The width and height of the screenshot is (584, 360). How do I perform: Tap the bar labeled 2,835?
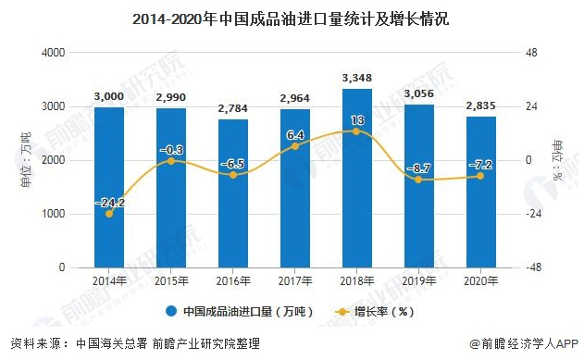click(x=480, y=192)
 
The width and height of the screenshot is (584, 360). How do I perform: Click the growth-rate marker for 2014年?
click(x=109, y=214)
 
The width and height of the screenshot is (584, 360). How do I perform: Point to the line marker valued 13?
click(x=356, y=131)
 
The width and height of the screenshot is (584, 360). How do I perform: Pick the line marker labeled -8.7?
click(x=418, y=180)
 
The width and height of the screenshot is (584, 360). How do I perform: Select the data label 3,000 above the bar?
click(x=109, y=95)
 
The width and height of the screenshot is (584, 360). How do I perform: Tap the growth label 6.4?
click(x=295, y=134)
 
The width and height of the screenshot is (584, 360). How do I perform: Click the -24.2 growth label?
click(x=109, y=202)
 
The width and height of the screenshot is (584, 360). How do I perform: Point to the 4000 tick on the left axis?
click(x=52, y=54)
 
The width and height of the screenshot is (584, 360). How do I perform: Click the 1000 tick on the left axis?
click(x=52, y=214)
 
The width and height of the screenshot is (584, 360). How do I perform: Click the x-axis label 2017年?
click(x=294, y=279)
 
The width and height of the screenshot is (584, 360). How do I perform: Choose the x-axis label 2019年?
click(x=418, y=279)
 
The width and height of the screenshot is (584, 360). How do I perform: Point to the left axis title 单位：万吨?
click(x=26, y=161)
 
